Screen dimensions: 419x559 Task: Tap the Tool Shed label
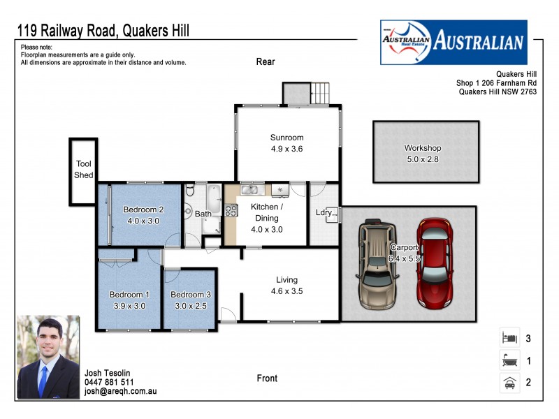click(83, 170)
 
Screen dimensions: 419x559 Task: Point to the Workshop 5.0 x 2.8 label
click(423, 154)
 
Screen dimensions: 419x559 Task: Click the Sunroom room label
click(286, 137)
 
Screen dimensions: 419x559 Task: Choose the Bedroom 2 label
click(143, 209)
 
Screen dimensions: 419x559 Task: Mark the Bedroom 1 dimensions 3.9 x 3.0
click(129, 305)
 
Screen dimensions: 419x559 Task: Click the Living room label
click(286, 279)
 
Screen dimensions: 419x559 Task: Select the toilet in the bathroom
click(189, 191)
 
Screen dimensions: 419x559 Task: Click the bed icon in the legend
click(509, 339)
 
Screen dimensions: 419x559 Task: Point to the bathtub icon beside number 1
click(509, 361)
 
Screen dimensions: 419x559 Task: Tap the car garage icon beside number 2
click(509, 383)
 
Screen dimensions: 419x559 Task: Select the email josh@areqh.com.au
click(120, 392)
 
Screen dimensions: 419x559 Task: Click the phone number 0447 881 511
click(109, 382)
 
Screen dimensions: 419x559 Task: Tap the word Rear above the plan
click(266, 61)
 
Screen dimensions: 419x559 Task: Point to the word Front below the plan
click(267, 378)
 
